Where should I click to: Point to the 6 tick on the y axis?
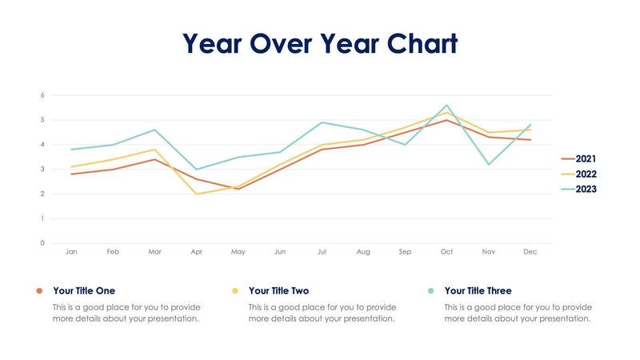tap(42, 95)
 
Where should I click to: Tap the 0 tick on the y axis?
tap(42, 243)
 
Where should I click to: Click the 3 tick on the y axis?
tap(42, 170)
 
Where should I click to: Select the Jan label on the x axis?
tap(71, 252)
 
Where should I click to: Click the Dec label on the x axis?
tap(530, 252)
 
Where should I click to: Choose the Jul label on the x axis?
tap(322, 252)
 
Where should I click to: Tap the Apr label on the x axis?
tap(197, 252)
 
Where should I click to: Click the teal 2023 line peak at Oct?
tap(446, 106)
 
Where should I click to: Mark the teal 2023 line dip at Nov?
tap(488, 164)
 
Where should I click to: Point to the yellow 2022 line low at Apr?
tap(197, 194)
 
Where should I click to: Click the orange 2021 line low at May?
tap(238, 189)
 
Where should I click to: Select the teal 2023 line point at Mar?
tap(154, 130)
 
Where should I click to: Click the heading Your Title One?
tap(84, 291)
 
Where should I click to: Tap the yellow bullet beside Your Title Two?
tap(235, 291)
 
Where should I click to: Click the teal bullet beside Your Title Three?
tap(431, 291)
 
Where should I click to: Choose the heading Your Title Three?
tap(478, 291)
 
